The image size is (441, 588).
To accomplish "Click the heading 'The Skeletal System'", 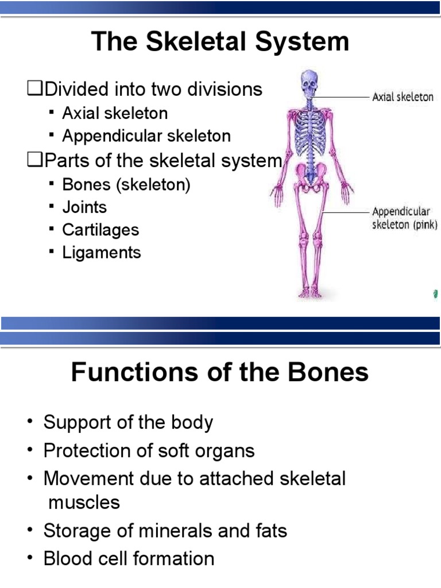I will [220, 42].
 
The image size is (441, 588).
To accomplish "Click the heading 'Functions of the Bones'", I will [220, 373].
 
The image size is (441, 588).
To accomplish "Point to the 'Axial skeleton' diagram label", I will [403, 97].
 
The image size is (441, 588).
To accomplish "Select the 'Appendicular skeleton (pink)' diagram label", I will [405, 218].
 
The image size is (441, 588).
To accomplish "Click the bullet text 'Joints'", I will [84, 206].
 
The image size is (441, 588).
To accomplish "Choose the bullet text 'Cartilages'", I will [100, 230].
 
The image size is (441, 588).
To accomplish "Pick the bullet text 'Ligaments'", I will [101, 253].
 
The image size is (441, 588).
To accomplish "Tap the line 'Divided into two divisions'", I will [153, 90].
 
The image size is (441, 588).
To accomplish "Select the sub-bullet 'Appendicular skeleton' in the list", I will [146, 136].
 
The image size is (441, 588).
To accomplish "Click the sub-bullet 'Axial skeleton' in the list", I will [115, 113].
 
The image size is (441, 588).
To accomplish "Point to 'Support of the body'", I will [128, 423].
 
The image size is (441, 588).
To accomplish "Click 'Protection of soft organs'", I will [149, 450].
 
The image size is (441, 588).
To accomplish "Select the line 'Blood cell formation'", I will [129, 558].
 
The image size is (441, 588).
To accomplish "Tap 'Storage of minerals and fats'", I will [165, 530].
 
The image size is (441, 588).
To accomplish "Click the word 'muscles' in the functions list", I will [84, 502].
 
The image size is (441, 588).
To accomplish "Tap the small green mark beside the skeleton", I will [434, 294].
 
